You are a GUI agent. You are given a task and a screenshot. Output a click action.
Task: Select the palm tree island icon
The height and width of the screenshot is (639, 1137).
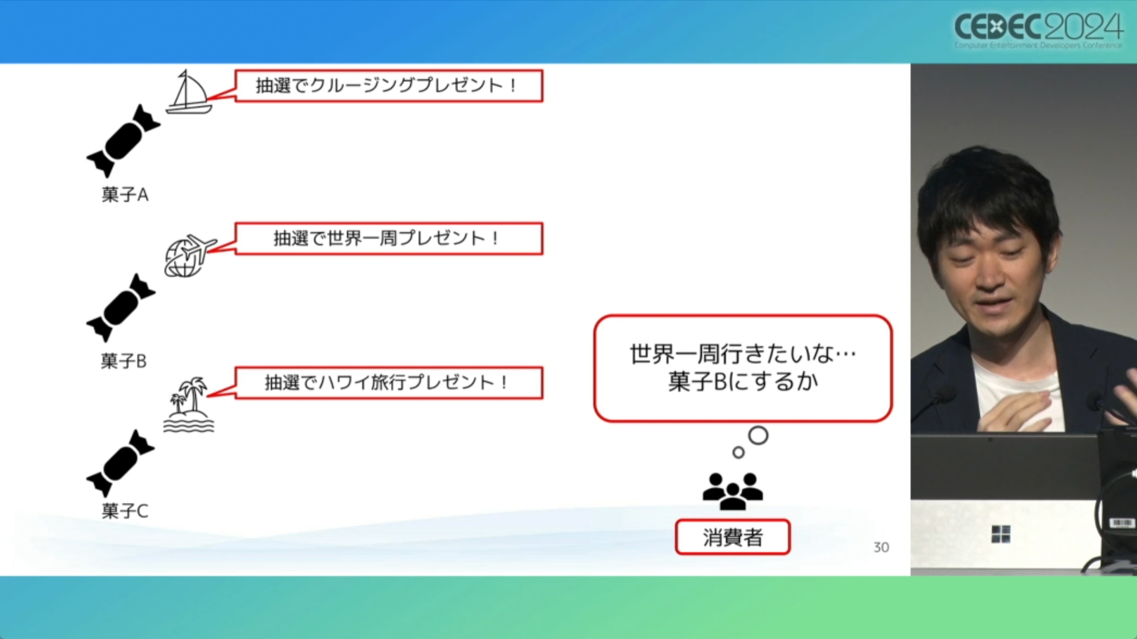click(189, 405)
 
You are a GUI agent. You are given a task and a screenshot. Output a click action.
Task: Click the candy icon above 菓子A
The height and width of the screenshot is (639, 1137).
click(123, 141)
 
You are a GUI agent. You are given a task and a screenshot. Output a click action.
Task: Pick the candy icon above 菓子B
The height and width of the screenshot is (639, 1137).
click(121, 308)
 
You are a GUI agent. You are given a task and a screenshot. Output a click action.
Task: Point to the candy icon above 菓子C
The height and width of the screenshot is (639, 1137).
click(121, 463)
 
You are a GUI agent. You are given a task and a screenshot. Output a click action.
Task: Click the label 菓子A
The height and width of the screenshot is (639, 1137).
click(125, 195)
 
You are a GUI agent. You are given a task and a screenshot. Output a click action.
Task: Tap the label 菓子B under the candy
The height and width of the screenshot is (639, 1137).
click(124, 361)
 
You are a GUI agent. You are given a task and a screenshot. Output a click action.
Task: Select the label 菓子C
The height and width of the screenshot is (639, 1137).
click(125, 510)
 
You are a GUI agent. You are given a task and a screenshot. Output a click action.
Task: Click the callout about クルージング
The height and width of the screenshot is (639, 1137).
click(388, 86)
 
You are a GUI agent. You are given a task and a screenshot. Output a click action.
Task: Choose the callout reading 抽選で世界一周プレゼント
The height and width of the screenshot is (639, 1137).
click(388, 238)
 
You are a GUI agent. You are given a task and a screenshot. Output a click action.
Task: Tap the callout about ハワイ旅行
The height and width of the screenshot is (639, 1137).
click(388, 382)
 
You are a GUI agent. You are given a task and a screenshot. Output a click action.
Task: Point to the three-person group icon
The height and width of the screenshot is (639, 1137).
click(732, 491)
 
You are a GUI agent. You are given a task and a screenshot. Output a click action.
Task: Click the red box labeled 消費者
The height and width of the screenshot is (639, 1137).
click(732, 537)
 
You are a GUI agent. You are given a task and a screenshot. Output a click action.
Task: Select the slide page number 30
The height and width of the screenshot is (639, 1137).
click(881, 547)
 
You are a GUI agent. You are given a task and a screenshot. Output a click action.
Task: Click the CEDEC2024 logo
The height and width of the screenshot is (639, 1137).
click(1038, 30)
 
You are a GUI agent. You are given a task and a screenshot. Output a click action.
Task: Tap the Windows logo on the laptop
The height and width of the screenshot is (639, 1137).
click(1001, 534)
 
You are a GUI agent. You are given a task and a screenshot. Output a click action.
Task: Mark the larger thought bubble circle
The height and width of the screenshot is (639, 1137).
click(758, 435)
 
